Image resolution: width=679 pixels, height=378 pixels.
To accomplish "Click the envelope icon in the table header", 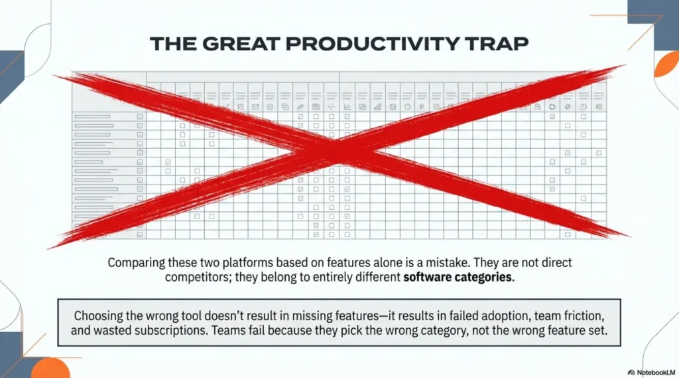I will [255, 107].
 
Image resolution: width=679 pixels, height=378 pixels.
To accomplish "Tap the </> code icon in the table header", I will [332, 107].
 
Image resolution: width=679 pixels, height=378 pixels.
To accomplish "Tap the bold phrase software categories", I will [458, 278].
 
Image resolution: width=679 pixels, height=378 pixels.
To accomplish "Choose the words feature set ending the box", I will [576, 331].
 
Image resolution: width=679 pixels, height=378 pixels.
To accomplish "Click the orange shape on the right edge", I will [668, 66].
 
